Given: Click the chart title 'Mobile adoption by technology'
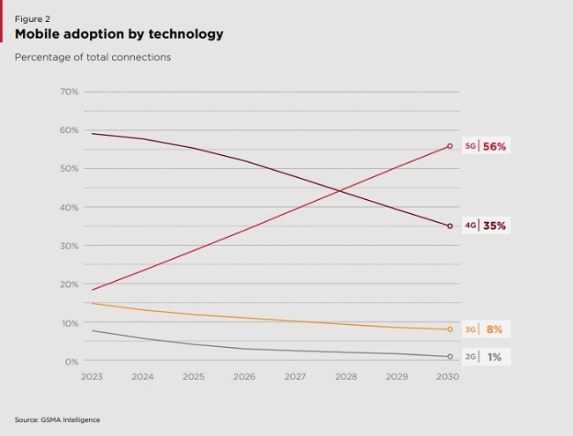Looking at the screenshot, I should point(119,34).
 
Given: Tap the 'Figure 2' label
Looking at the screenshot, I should point(33,18).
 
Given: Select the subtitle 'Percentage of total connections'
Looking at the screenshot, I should point(93,57).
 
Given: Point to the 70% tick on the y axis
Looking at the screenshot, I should point(70,92).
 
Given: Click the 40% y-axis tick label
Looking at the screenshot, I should point(70,207).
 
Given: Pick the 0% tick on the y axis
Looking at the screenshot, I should point(71,361).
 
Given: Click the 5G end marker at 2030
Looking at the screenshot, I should point(450,146).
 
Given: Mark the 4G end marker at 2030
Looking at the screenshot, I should point(450,226).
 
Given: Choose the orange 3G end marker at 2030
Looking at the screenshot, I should point(450,329).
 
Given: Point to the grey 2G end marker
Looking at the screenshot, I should point(450,357).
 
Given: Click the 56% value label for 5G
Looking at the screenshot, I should point(495,147).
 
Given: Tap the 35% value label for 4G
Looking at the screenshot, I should point(495,225).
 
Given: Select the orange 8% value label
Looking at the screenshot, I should point(495,329).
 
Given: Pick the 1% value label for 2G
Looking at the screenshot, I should point(495,357).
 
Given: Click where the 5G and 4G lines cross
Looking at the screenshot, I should point(339,190).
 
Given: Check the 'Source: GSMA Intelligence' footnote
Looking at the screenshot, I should point(57,419).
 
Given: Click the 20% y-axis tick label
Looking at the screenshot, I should point(70,284).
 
